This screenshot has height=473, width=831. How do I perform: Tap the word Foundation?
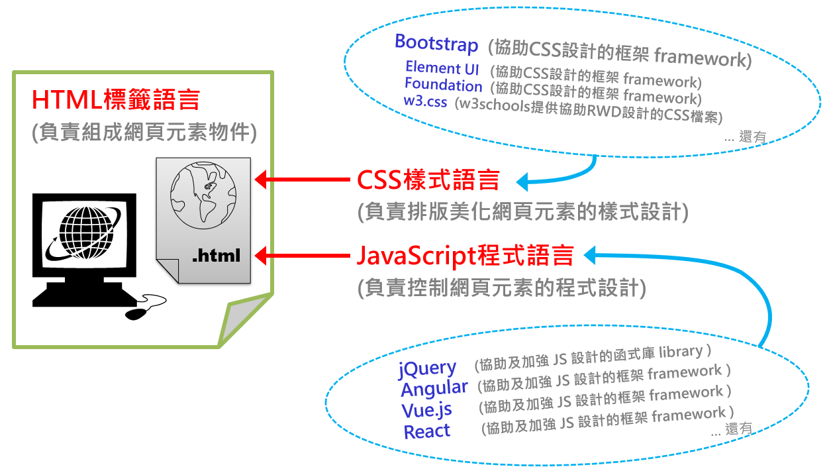(443, 85)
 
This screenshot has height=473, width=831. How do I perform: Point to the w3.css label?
(425, 101)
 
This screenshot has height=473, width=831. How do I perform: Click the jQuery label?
(427, 368)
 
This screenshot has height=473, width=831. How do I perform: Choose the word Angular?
(434, 389)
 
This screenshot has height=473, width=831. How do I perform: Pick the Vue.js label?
(426, 410)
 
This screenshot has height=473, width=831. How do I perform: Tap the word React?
(426, 432)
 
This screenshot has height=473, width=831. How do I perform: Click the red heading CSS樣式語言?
(428, 180)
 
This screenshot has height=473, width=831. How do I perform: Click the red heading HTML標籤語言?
(116, 100)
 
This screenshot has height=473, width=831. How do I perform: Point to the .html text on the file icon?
(216, 255)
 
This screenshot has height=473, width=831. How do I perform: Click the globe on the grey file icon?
(203, 193)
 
